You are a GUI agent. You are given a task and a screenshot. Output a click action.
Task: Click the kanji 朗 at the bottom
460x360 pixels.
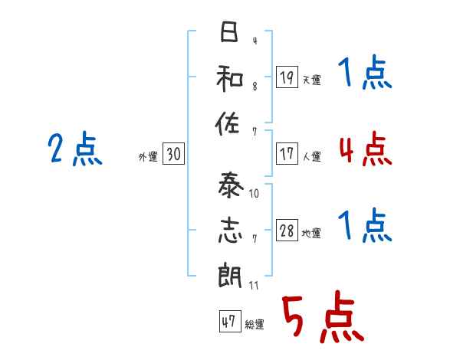click(x=228, y=274)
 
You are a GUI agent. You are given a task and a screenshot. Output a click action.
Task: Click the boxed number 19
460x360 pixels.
click(x=287, y=77)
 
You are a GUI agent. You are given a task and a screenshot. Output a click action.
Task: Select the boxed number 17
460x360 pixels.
click(x=287, y=153)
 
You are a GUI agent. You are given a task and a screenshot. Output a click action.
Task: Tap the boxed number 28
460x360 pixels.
click(x=287, y=231)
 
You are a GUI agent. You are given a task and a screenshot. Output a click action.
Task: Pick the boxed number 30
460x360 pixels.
click(x=173, y=155)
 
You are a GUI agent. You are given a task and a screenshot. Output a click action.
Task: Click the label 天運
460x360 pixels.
click(x=311, y=80)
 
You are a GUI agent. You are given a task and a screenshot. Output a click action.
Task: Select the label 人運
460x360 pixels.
click(x=311, y=156)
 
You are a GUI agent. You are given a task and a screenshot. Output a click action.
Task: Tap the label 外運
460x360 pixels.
click(x=147, y=157)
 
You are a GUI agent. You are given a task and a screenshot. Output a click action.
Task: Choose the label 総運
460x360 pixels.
click(x=254, y=325)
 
